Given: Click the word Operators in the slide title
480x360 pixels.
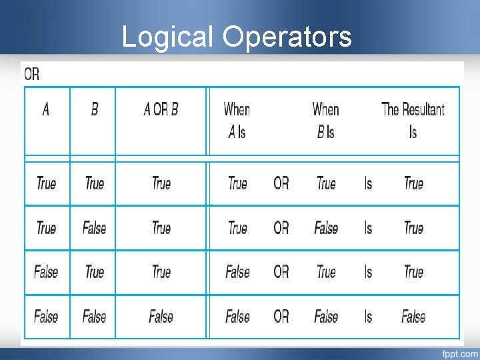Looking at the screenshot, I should click(x=287, y=37).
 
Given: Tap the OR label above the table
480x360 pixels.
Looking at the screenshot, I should click(x=32, y=74).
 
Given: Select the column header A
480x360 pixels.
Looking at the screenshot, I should click(x=46, y=109).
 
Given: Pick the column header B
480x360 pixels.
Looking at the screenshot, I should click(x=94, y=109).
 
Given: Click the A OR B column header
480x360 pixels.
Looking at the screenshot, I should click(x=161, y=109).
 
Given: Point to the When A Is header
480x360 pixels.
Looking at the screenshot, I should click(x=237, y=120).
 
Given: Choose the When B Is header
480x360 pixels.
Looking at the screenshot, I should click(x=325, y=120).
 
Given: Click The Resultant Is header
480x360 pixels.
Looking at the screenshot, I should click(x=413, y=120).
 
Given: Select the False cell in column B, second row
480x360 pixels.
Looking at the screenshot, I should click(x=94, y=228).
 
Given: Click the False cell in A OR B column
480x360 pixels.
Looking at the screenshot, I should click(x=161, y=317).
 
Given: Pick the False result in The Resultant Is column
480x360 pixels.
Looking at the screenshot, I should click(x=413, y=317).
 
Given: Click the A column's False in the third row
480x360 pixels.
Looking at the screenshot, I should click(x=46, y=272).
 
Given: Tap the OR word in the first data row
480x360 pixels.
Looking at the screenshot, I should click(x=281, y=183).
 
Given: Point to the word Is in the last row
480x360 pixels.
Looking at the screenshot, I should click(x=369, y=317).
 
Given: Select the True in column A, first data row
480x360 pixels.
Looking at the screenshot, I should click(x=46, y=183).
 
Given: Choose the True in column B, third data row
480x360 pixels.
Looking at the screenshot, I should click(x=94, y=272).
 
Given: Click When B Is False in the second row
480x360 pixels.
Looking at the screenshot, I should click(x=326, y=228).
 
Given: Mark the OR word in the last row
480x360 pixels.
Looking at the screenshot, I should click(x=281, y=317).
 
